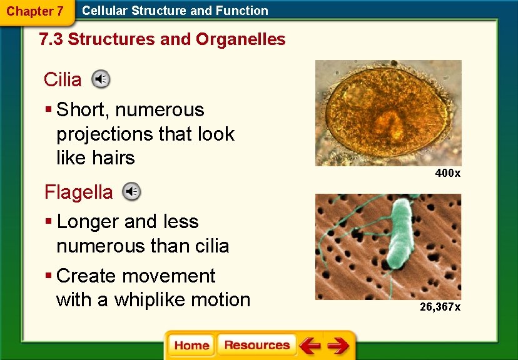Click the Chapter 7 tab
34,11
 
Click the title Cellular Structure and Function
175,11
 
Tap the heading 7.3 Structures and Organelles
162,39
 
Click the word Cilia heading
63,79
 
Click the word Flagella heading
78,192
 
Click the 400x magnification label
447,173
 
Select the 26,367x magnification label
440,307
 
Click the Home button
191,346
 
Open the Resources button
256,346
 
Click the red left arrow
309,346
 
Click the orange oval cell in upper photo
388,113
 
